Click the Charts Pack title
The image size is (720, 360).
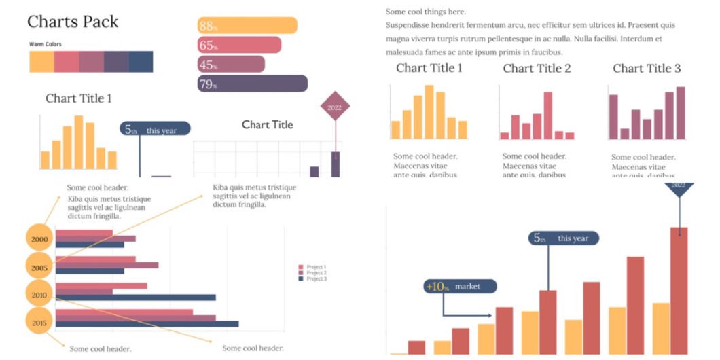click(x=73, y=22)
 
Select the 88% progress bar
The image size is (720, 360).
click(x=247, y=26)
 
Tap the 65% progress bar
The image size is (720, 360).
click(x=239, y=46)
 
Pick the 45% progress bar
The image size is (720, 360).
click(x=231, y=65)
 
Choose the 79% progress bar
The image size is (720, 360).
click(x=252, y=84)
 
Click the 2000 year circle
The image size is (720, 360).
click(x=39, y=239)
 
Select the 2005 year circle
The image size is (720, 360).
click(x=39, y=268)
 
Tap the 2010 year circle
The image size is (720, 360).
click(x=39, y=295)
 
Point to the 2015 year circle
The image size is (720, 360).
click(x=39, y=323)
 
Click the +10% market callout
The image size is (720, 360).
click(x=460, y=287)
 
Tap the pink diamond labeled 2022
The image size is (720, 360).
click(x=335, y=107)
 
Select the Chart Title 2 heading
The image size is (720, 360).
click(x=537, y=68)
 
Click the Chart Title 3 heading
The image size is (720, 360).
click(x=647, y=68)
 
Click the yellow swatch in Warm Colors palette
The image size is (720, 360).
click(x=41, y=62)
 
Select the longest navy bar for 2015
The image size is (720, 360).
click(x=147, y=324)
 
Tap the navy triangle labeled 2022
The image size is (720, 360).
click(x=679, y=187)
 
